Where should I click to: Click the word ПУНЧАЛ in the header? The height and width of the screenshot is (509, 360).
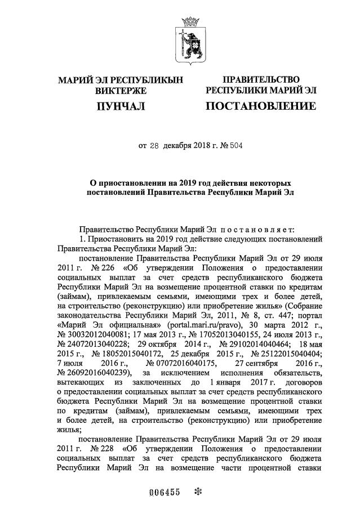pos(121,106)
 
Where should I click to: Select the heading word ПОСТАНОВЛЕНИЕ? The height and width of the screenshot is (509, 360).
pos(260,106)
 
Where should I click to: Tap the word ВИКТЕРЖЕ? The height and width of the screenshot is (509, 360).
pos(121,90)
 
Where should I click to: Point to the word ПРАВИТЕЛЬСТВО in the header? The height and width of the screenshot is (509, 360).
pos(261,80)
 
